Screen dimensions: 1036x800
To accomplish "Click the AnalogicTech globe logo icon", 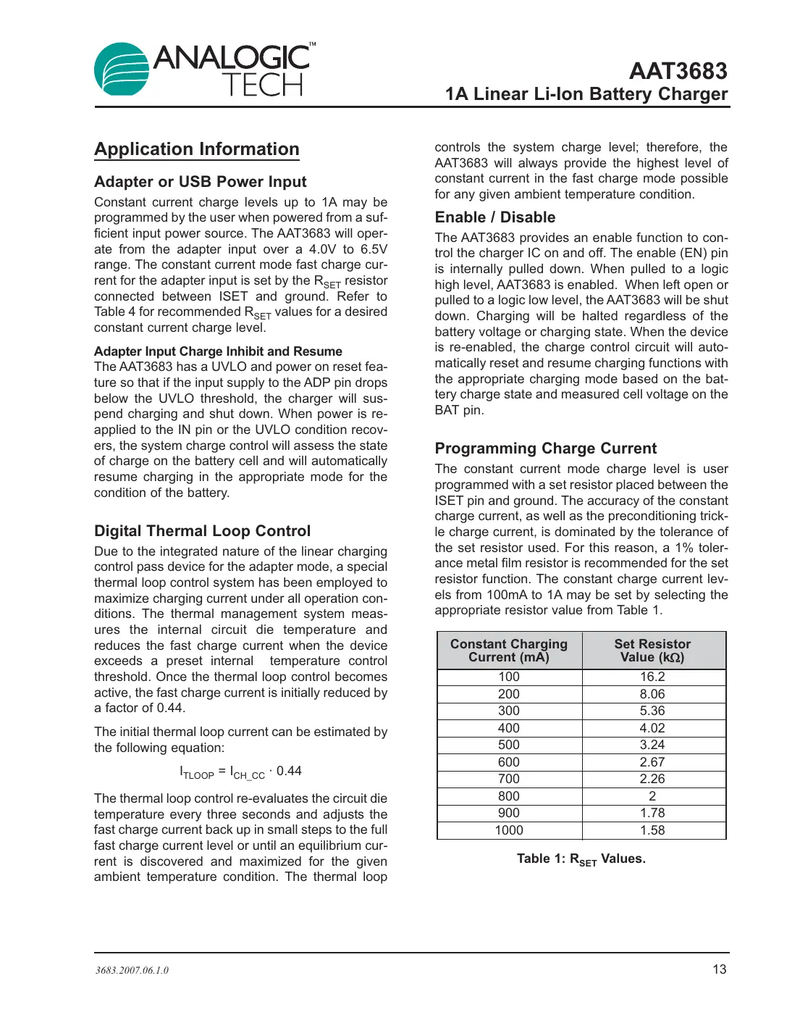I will coord(122,69).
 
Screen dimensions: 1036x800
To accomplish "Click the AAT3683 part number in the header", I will coord(678,71).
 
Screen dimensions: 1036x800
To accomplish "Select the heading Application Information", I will coord(196,149).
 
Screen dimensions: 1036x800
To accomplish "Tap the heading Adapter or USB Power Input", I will coord(200,182).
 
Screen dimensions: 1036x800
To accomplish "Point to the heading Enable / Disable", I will coord(494,217).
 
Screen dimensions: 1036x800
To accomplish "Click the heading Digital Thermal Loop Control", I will coord(202,531).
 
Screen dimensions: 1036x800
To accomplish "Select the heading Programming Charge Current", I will coord(545,448).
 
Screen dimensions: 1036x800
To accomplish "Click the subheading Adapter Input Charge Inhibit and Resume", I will coord(218,351).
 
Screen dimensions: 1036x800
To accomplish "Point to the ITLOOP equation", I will coord(240,772).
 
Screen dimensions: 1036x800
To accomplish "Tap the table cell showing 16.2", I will coord(652,677).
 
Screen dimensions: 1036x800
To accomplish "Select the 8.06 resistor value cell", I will coord(652,694).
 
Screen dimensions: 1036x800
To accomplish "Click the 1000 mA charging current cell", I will coord(508,830).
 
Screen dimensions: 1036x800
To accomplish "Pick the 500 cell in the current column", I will coord(508,745).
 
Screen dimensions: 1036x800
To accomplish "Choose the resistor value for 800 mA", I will coord(652,796).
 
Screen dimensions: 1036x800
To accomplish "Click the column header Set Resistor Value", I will coord(652,651).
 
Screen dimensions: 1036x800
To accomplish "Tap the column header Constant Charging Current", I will coord(508,651).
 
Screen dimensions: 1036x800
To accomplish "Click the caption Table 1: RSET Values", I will coord(581,859).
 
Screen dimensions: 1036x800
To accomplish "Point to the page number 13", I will coord(719,969).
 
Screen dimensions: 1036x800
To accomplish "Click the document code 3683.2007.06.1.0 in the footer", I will coord(132,970).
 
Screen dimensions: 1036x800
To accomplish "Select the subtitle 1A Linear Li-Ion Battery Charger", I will coord(586,94).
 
